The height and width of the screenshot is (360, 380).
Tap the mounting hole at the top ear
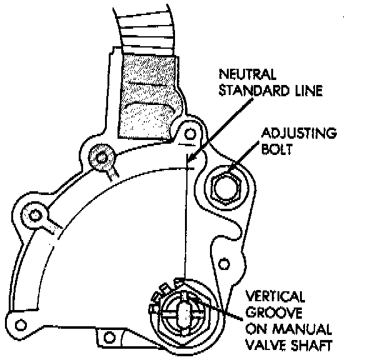point(190,133)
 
